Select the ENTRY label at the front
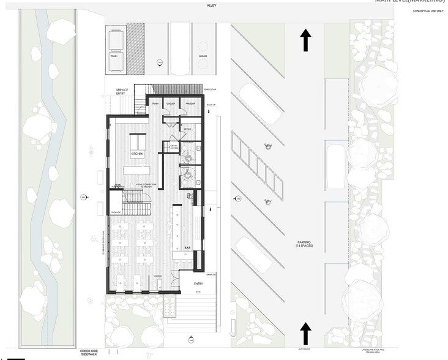198,283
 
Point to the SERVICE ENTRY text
122,92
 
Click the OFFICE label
188,129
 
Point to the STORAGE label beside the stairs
116,212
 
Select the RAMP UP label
212,105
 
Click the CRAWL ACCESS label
174,146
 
